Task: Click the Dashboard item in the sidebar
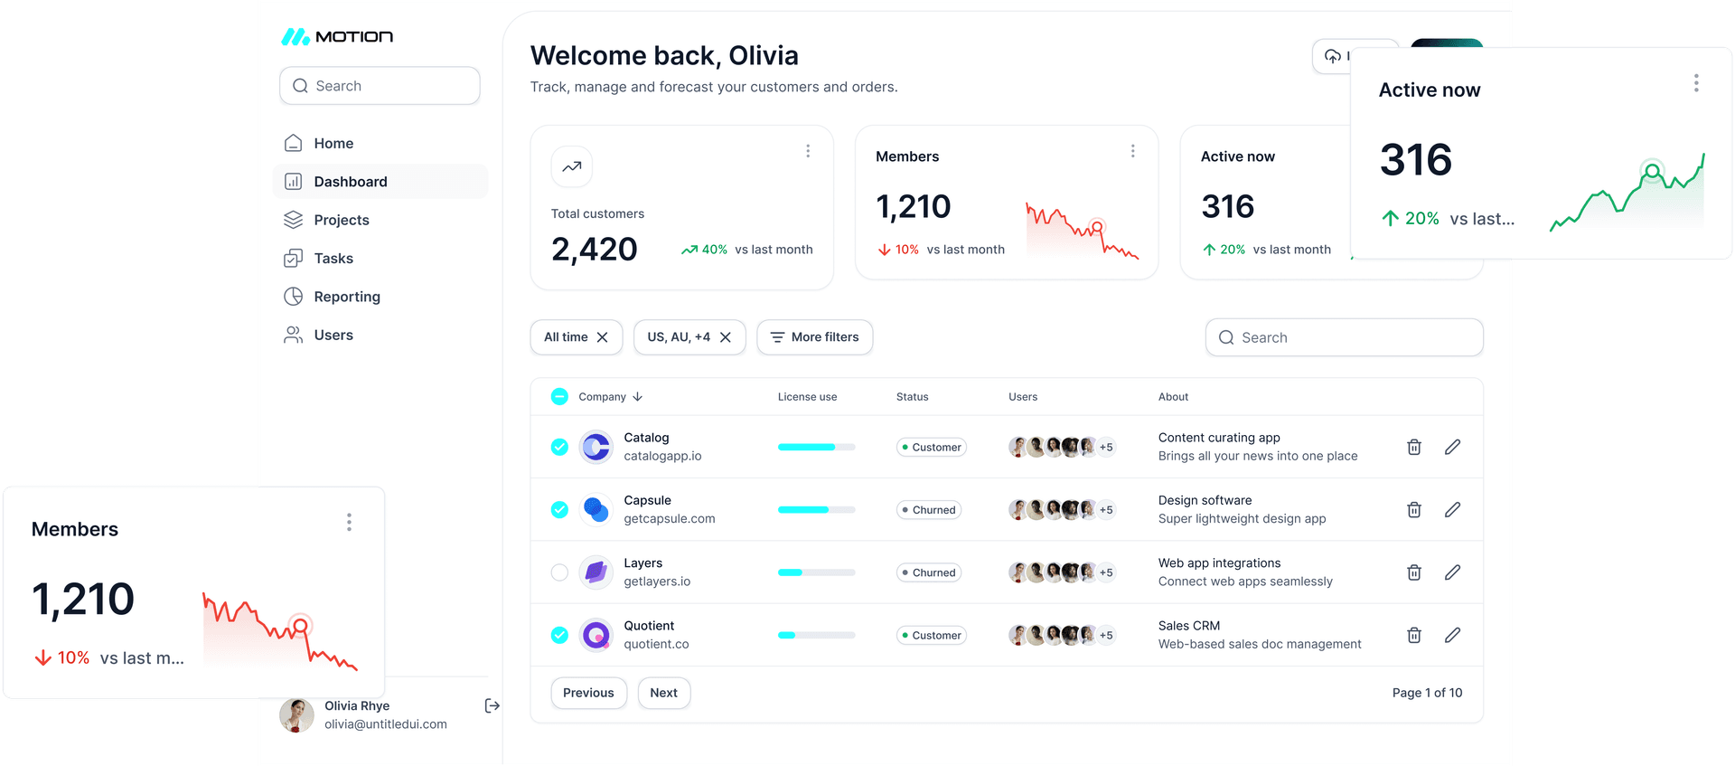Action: [x=350, y=182]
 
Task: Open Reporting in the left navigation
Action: [x=346, y=297]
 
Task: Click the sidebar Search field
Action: [x=380, y=86]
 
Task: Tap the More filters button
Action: [x=814, y=337]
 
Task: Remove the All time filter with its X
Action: [x=603, y=337]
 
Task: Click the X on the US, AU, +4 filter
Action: [x=726, y=337]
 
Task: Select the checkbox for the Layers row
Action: [x=559, y=572]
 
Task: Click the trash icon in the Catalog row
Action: [x=1414, y=447]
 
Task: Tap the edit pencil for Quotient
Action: [x=1452, y=635]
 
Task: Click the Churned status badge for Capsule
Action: [x=929, y=510]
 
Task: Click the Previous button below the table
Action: [x=588, y=693]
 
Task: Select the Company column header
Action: [x=603, y=397]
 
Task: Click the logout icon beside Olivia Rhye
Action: [x=492, y=705]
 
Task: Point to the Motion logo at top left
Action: [x=337, y=37]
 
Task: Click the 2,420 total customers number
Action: [x=595, y=249]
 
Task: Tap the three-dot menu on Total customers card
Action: [x=808, y=151]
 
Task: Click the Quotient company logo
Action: [x=596, y=635]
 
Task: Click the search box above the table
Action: [x=1344, y=337]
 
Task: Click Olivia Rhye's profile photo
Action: [x=296, y=714]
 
